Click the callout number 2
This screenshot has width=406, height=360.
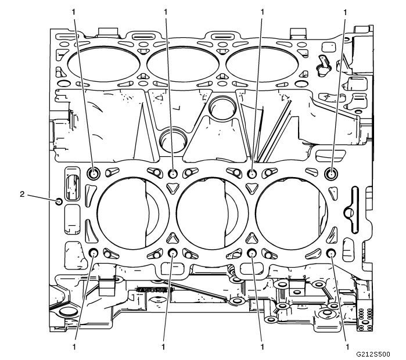tap(22, 195)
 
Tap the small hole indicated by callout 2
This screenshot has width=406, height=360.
tap(59, 202)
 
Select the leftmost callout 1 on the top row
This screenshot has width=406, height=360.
tap(74, 11)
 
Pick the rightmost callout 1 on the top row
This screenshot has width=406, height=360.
tap(346, 11)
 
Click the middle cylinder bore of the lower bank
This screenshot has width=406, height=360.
tap(210, 213)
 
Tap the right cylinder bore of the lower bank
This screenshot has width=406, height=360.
tap(289, 213)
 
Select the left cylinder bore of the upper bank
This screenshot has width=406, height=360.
tap(105, 62)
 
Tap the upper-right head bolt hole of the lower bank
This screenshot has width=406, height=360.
tap(332, 173)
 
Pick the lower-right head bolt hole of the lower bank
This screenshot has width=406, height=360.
tap(331, 253)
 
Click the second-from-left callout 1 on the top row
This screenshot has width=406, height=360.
tap(166, 11)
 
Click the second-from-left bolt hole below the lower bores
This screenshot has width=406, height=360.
tap(173, 253)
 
